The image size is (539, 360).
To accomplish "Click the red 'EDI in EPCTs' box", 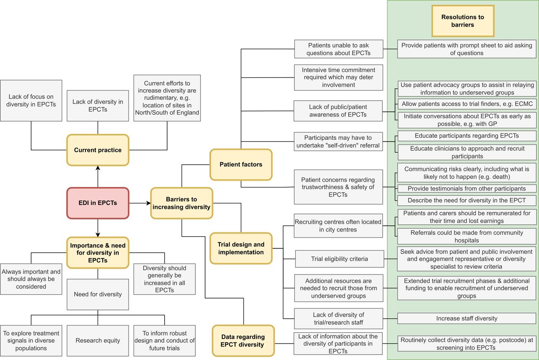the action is coord(98,203).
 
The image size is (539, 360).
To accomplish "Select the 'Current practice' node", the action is coord(98,150).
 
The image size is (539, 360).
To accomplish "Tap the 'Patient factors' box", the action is coord(241,165).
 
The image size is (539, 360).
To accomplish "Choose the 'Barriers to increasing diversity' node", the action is coord(181,203).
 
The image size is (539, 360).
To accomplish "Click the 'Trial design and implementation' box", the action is coord(241,248).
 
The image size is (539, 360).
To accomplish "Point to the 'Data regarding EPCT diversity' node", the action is coord(243,341).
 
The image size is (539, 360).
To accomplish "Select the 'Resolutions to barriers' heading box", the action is coord(463,21).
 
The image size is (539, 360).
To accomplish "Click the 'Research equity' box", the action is coord(98,341).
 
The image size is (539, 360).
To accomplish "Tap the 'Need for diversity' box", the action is coord(98,294).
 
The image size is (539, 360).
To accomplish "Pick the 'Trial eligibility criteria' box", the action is coord(339,259).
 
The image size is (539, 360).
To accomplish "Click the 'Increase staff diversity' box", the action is coord(467,319).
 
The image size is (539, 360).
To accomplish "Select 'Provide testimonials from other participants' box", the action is coord(467,189).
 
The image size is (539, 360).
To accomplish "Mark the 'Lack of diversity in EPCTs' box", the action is coord(98,106).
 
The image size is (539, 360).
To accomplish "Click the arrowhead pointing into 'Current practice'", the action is coord(98,168).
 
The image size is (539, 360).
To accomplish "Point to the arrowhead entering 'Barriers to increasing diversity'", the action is coord(149,203).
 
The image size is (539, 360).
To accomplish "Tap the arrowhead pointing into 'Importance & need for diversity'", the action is coord(98,235).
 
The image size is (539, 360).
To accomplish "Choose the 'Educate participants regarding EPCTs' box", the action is coord(467,136).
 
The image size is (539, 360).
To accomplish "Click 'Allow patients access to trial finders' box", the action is coord(467,104).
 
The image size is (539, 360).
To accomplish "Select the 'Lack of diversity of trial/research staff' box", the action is coord(339,319).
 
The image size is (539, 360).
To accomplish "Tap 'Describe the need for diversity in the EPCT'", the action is coord(467,200).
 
